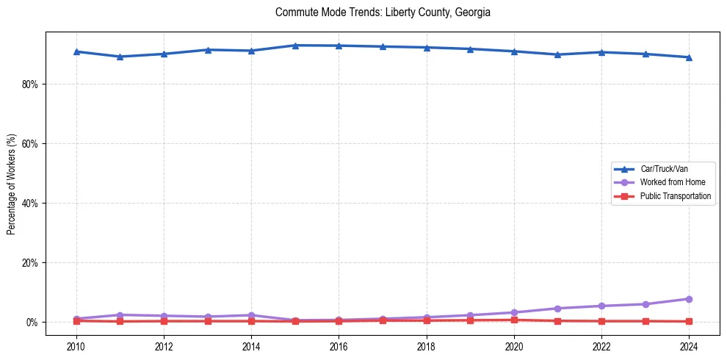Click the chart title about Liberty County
[x=383, y=12]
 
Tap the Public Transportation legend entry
[x=675, y=196]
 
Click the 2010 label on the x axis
[x=76, y=346]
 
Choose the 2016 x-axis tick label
[x=339, y=346]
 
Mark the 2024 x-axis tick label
[x=689, y=346]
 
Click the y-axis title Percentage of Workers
[x=12, y=184]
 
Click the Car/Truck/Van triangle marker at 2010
[x=76, y=51]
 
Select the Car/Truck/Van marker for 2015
[x=295, y=46]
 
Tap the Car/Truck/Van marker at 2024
[x=689, y=57]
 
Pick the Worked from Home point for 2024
[x=689, y=299]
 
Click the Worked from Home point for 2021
[x=557, y=309]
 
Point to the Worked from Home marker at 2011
[x=120, y=315]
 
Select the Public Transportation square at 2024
[x=689, y=321]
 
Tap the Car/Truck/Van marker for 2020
[x=514, y=51]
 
